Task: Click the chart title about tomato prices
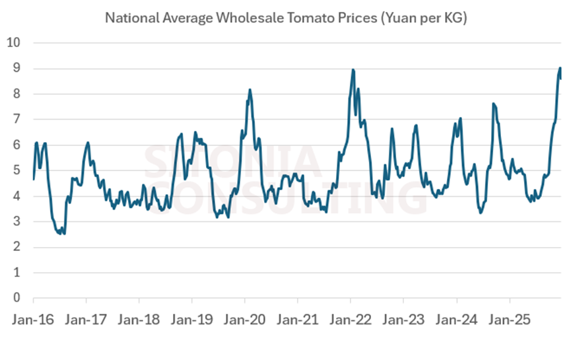point(286,18)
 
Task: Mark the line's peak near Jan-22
point(353,69)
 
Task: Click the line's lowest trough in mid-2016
point(63,233)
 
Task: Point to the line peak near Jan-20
point(250,90)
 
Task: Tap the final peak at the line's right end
point(560,68)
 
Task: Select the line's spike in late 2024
point(493,104)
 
